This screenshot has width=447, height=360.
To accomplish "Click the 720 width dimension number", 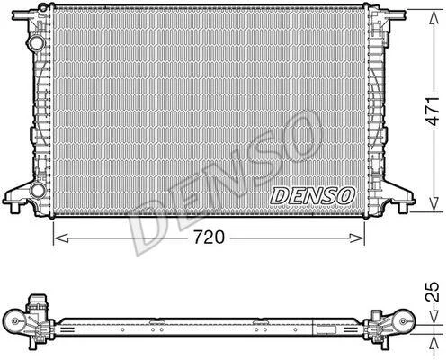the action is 209,238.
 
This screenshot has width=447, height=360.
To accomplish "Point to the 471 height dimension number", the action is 434,112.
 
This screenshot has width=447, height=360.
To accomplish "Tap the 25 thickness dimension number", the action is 434,292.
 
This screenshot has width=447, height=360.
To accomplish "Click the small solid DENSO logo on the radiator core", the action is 312,196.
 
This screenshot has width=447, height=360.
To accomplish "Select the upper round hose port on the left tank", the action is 37,43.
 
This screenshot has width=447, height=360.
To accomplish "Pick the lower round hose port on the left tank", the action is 38,190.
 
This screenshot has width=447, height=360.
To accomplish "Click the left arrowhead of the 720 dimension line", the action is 61,238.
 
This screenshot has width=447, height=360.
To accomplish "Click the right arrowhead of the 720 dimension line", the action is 357,238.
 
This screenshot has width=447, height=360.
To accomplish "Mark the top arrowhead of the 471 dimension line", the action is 434,17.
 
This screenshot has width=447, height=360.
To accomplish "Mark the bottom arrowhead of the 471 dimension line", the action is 434,204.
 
